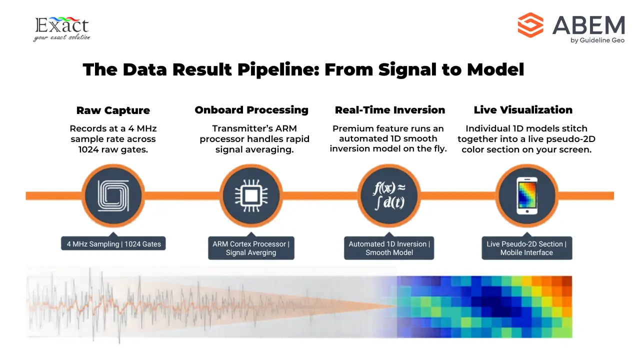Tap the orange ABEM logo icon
pyautogui.click(x=530, y=25)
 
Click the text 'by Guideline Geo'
pyautogui.click(x=597, y=40)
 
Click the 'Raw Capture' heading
pyautogui.click(x=113, y=110)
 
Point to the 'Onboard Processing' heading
pyautogui.click(x=251, y=110)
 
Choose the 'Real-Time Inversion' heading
pyautogui.click(x=389, y=110)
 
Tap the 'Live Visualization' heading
pyautogui.click(x=523, y=110)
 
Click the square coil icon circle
pyautogui.click(x=113, y=195)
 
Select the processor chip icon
pyautogui.click(x=251, y=195)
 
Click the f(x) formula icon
pyautogui.click(x=389, y=195)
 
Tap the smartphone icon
pyautogui.click(x=526, y=195)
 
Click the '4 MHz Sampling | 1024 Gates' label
pyautogui.click(x=114, y=244)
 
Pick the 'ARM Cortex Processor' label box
pyautogui.click(x=251, y=248)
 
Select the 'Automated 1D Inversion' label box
pyautogui.click(x=388, y=248)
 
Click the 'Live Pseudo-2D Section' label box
pyautogui.click(x=526, y=248)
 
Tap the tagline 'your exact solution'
pyautogui.click(x=61, y=37)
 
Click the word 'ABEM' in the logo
pyautogui.click(x=588, y=25)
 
